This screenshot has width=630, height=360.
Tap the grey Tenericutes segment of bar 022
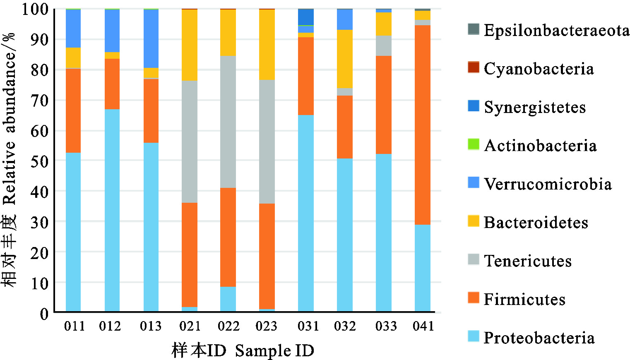click(x=228, y=122)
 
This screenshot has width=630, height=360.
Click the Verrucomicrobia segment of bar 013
click(x=151, y=38)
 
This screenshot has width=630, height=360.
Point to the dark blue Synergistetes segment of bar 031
click(x=306, y=17)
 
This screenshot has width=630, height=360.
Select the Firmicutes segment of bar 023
click(x=267, y=256)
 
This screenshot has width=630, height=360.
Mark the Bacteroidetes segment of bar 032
click(x=345, y=59)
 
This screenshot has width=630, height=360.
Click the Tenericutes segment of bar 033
click(x=384, y=46)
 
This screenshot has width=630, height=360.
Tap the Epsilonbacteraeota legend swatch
click(x=474, y=29)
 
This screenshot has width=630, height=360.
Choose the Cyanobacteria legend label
click(x=539, y=69)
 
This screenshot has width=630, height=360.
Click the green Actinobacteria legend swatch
click(x=474, y=144)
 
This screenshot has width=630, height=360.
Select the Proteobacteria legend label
click(x=539, y=338)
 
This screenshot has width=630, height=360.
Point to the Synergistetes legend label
click(x=535, y=107)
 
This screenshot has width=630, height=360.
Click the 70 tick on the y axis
click(x=40, y=100)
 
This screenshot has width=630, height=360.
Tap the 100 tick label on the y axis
click(x=35, y=9)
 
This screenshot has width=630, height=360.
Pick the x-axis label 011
click(x=75, y=326)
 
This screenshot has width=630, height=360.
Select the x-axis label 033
click(x=386, y=326)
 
